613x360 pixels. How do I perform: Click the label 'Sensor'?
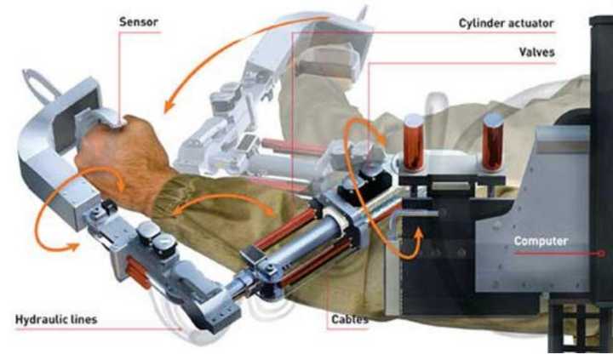coord(139,22)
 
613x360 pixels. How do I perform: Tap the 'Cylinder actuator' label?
coord(507,24)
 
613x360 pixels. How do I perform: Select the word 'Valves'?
coord(536,52)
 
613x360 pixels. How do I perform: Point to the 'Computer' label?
coord(541,241)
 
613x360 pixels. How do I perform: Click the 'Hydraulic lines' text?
coord(56,319)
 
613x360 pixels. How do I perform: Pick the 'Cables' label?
coord(350,319)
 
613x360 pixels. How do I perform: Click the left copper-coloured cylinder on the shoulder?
coord(414,143)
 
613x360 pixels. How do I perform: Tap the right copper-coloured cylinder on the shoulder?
coord(493,142)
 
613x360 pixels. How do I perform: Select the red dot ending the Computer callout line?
coord(602,254)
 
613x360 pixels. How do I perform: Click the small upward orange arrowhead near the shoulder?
coord(418,234)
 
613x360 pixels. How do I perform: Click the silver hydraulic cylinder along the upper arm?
coord(297,243)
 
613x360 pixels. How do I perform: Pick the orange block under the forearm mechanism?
coord(138,271)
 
